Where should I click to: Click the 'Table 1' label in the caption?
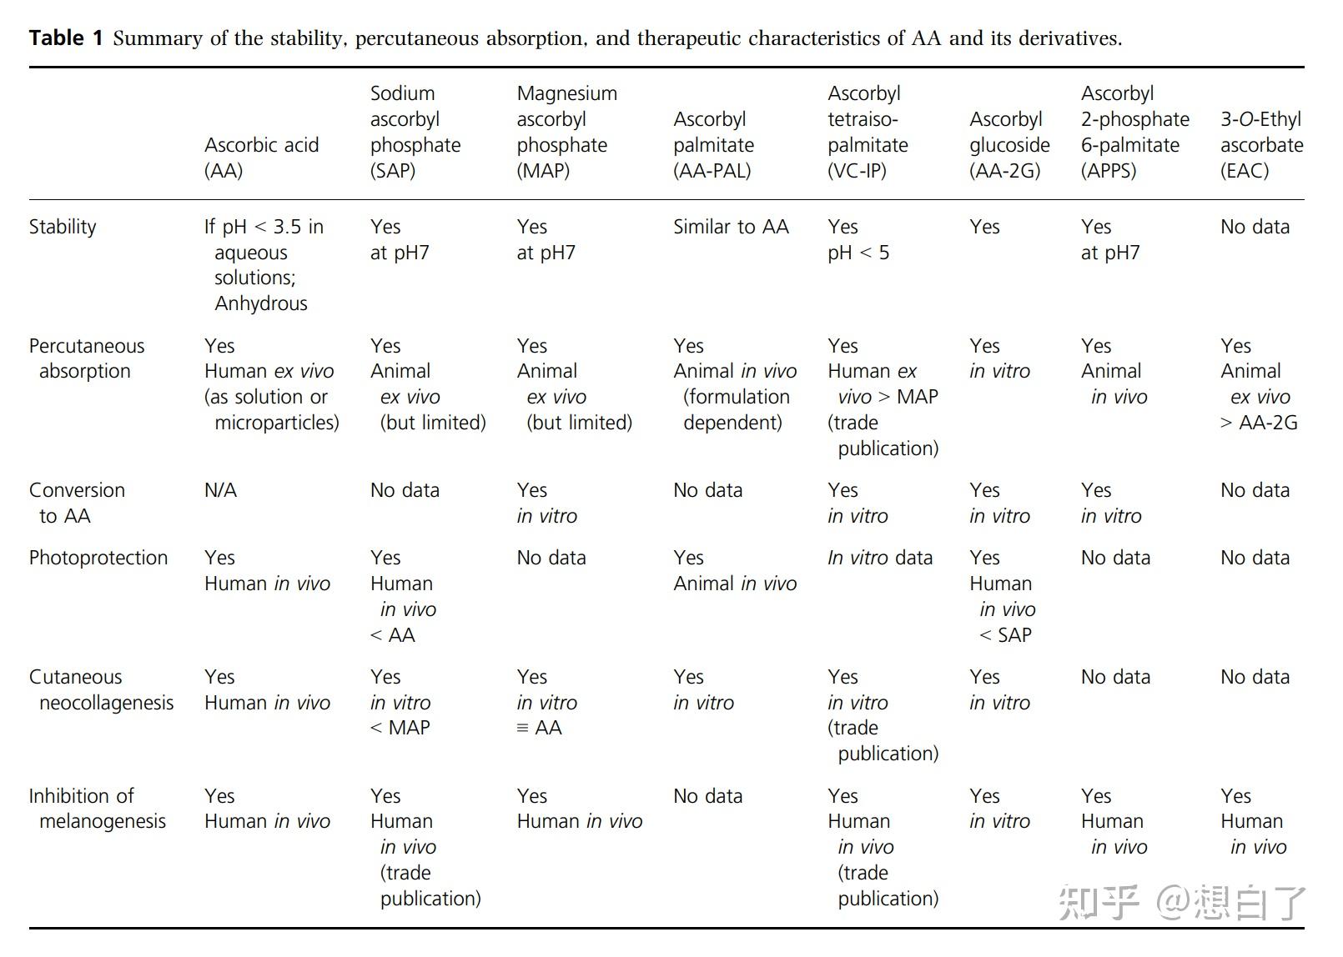[x=66, y=38]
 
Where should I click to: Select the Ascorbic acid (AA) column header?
[x=261, y=158]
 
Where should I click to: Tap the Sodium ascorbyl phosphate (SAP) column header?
[x=415, y=132]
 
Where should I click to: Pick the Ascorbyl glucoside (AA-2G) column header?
[x=1009, y=145]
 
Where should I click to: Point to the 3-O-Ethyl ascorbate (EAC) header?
[x=1260, y=145]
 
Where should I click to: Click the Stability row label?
[x=63, y=227]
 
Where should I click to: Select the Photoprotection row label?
[x=98, y=558]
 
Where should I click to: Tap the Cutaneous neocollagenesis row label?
[x=101, y=689]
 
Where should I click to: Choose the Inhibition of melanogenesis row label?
[x=97, y=809]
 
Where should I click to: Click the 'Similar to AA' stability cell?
[x=731, y=227]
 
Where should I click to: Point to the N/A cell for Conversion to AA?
[x=220, y=490]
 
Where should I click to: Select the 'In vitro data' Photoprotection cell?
[x=879, y=558]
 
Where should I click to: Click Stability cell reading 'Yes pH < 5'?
[x=858, y=239]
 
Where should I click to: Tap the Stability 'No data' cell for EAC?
[x=1255, y=227]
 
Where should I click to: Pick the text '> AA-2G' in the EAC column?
[x=1259, y=423]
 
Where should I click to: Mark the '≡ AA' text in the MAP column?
[x=539, y=728]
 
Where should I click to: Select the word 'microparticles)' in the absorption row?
[x=276, y=423]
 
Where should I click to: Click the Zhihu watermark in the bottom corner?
[x=1181, y=903]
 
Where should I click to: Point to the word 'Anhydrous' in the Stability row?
[x=261, y=303]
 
